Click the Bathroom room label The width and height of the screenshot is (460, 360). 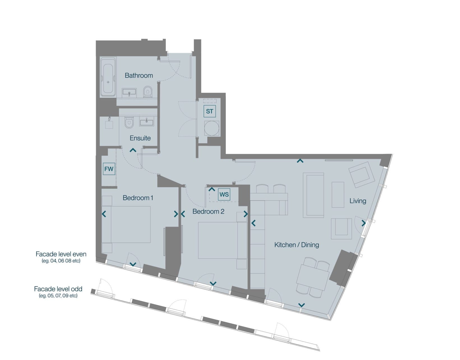pos(139,75)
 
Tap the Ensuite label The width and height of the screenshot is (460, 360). pos(140,138)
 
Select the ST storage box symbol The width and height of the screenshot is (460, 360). pos(210,111)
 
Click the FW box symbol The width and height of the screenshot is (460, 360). pos(109,169)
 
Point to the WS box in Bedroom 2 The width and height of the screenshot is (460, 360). pos(224,194)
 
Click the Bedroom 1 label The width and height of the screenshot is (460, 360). pos(138,198)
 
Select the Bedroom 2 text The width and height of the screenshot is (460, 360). pos(208,212)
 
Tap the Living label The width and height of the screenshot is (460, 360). pos(358,201)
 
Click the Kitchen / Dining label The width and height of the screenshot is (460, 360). pos(297,245)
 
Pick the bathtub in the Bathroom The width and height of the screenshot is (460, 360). pos(108,77)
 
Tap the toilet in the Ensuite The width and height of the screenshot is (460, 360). pos(129,123)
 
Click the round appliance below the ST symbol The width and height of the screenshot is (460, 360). pos(212,128)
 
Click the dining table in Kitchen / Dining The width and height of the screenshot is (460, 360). pos(313,277)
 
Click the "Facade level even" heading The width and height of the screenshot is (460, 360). pos(61,254)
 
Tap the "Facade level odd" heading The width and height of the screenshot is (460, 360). pos(58,289)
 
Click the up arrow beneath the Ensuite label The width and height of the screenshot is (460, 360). pos(133,150)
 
